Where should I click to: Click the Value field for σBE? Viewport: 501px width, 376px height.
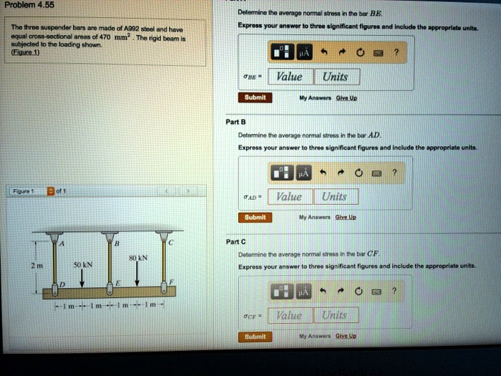pos(290,77)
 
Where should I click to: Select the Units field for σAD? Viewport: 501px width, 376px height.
pos(334,196)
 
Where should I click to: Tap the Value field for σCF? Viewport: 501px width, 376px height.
pos(290,315)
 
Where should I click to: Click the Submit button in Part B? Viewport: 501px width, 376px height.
pos(255,217)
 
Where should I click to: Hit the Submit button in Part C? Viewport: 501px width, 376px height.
pos(255,336)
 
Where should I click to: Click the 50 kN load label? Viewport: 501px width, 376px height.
pos(84,264)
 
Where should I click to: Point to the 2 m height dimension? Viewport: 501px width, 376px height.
pos(33,264)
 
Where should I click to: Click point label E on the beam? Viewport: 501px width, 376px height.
pos(117,284)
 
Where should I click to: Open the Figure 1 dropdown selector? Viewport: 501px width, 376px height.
pos(50,191)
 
